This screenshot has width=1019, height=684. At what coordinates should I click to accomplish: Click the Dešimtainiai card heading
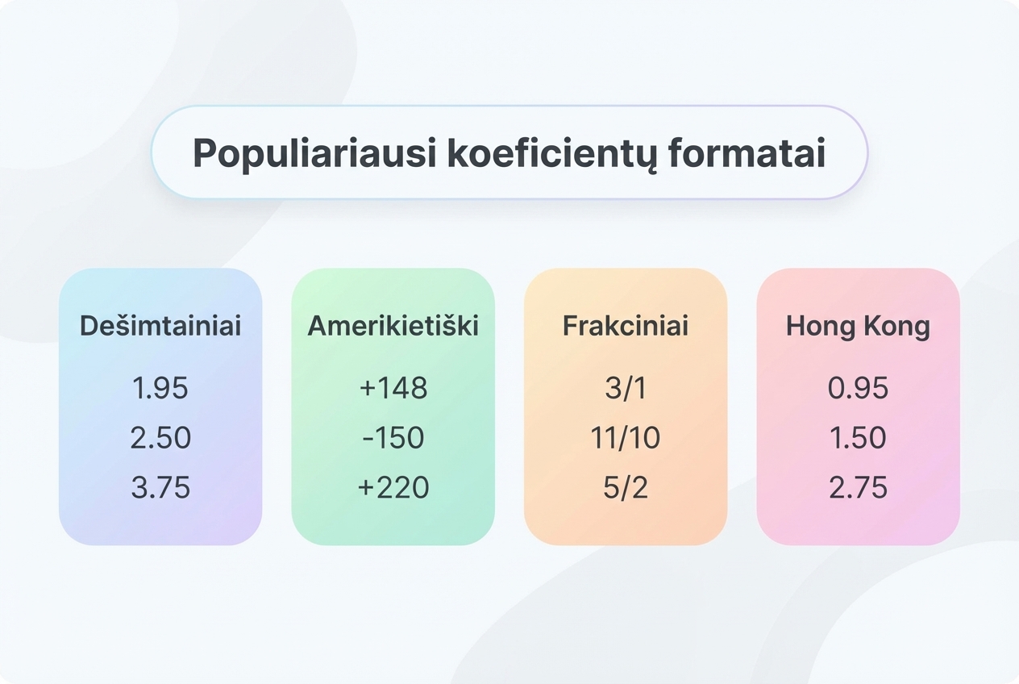coord(160,326)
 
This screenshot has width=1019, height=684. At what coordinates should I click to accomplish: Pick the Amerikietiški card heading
coord(393,326)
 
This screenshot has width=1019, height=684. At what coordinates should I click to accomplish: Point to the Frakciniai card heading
coord(626,326)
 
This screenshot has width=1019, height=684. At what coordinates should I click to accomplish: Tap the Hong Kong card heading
coord(858,327)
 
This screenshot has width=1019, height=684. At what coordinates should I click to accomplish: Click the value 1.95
coord(160,388)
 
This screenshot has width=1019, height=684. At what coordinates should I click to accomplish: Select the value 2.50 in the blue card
coord(160,438)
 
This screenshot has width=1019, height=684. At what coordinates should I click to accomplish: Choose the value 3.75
coord(160,487)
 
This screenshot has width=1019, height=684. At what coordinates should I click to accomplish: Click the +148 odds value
coord(393,388)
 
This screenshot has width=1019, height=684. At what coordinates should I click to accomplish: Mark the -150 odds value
coord(393,438)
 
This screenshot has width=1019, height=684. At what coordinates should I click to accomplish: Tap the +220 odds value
coord(393,487)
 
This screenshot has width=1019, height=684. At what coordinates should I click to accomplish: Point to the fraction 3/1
coord(626,388)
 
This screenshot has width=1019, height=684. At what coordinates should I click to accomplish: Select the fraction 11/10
coord(626,438)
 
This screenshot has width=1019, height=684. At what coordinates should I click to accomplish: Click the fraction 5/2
coord(626,487)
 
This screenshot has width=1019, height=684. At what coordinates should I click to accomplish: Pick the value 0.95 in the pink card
coord(858,388)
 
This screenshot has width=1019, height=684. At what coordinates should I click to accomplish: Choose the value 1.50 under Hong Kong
coord(858,438)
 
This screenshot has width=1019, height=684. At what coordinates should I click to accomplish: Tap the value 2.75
coord(858,487)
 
